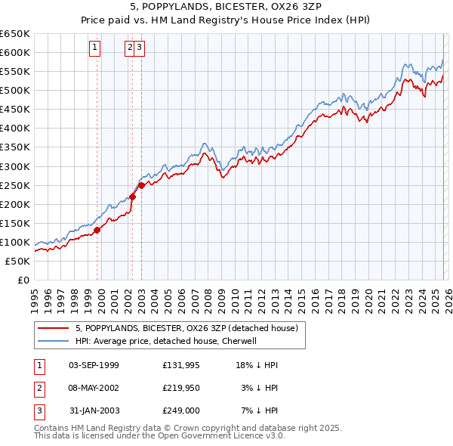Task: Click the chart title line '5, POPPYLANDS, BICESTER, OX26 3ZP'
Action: click(226, 8)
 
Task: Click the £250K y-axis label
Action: click(15, 185)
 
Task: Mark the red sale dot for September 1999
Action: click(97, 230)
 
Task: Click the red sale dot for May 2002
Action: click(132, 197)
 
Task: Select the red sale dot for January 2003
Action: click(142, 185)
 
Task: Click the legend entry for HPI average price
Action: click(166, 341)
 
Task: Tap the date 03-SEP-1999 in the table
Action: click(94, 365)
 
